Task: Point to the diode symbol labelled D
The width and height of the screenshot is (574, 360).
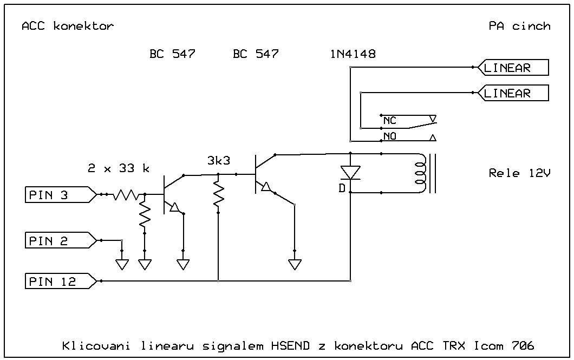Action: [x=350, y=173]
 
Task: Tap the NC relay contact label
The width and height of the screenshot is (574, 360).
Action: [x=390, y=121]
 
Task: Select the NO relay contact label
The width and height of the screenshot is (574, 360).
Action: [x=390, y=136]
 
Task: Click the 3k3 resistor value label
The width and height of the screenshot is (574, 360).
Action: [x=218, y=161]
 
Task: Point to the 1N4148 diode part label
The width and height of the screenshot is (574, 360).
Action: [x=353, y=54]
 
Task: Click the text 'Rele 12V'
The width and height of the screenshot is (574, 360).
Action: [x=519, y=173]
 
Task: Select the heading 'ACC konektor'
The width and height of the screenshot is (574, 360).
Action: [x=68, y=26]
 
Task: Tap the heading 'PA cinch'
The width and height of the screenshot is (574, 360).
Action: [x=519, y=26]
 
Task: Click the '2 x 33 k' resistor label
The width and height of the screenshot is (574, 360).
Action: [x=119, y=168]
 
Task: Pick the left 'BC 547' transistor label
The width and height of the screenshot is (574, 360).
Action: [x=172, y=54]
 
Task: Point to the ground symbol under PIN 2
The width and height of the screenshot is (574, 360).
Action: [x=122, y=264]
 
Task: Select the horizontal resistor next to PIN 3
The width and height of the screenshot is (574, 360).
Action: [x=126, y=195]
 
